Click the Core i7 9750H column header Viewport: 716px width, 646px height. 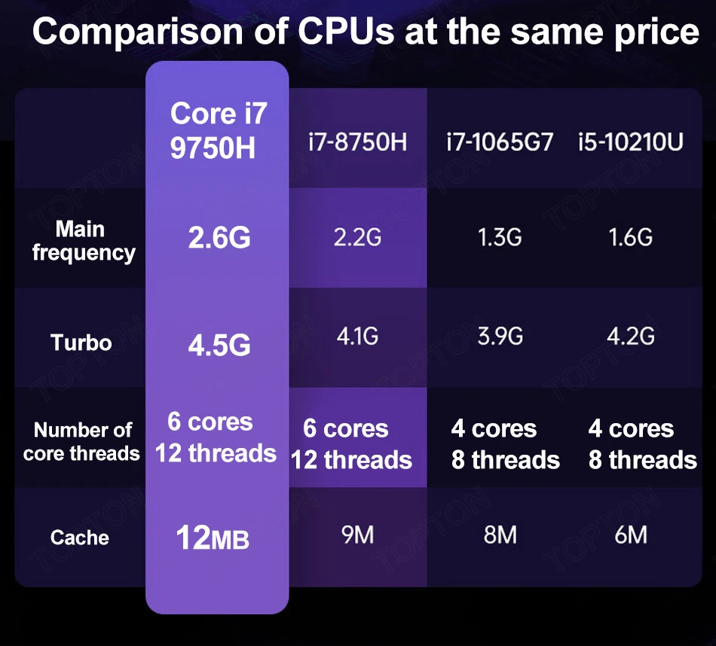point(218,130)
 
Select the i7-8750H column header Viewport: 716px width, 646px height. point(357,141)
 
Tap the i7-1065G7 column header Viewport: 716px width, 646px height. point(499,141)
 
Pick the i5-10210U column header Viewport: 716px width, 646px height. point(631,141)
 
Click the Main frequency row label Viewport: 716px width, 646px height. point(83,240)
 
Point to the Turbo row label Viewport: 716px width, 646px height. point(81,343)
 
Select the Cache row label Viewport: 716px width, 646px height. point(80,538)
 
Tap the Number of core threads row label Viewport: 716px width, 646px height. point(82,441)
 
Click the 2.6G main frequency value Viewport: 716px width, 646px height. point(219,239)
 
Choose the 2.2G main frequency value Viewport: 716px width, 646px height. point(357,238)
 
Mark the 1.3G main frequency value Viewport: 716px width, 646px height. point(499,238)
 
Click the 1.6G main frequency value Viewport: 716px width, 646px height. point(631,238)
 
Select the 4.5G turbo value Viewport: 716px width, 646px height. point(219,346)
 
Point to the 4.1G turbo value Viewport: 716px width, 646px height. point(357,336)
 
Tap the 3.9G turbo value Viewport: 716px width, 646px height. point(500,336)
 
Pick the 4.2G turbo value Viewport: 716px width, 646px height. point(631,336)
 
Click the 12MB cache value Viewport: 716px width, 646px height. point(212,539)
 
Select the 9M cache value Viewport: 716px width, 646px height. point(357,535)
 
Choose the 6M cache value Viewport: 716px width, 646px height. point(631,535)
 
